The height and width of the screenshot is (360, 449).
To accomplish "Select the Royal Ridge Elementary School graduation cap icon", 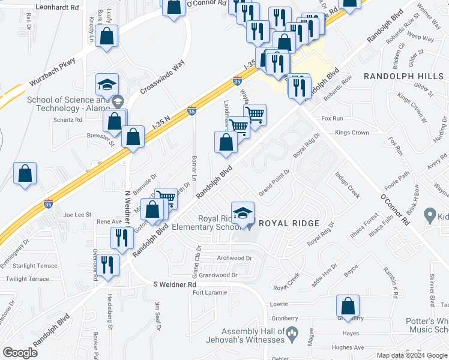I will click(x=243, y=214).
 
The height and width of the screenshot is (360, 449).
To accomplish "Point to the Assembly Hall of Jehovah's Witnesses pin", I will click(x=292, y=332).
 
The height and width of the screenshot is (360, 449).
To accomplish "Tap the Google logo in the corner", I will click(x=20, y=352).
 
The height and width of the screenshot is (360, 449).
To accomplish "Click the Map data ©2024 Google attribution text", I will click(x=412, y=355).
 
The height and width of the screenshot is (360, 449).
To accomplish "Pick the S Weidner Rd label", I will click(x=175, y=284).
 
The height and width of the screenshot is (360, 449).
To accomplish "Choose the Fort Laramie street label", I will click(x=209, y=293).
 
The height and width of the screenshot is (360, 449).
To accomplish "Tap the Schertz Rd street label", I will click(x=68, y=119).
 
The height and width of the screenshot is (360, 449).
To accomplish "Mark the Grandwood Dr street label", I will click(x=218, y=275).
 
